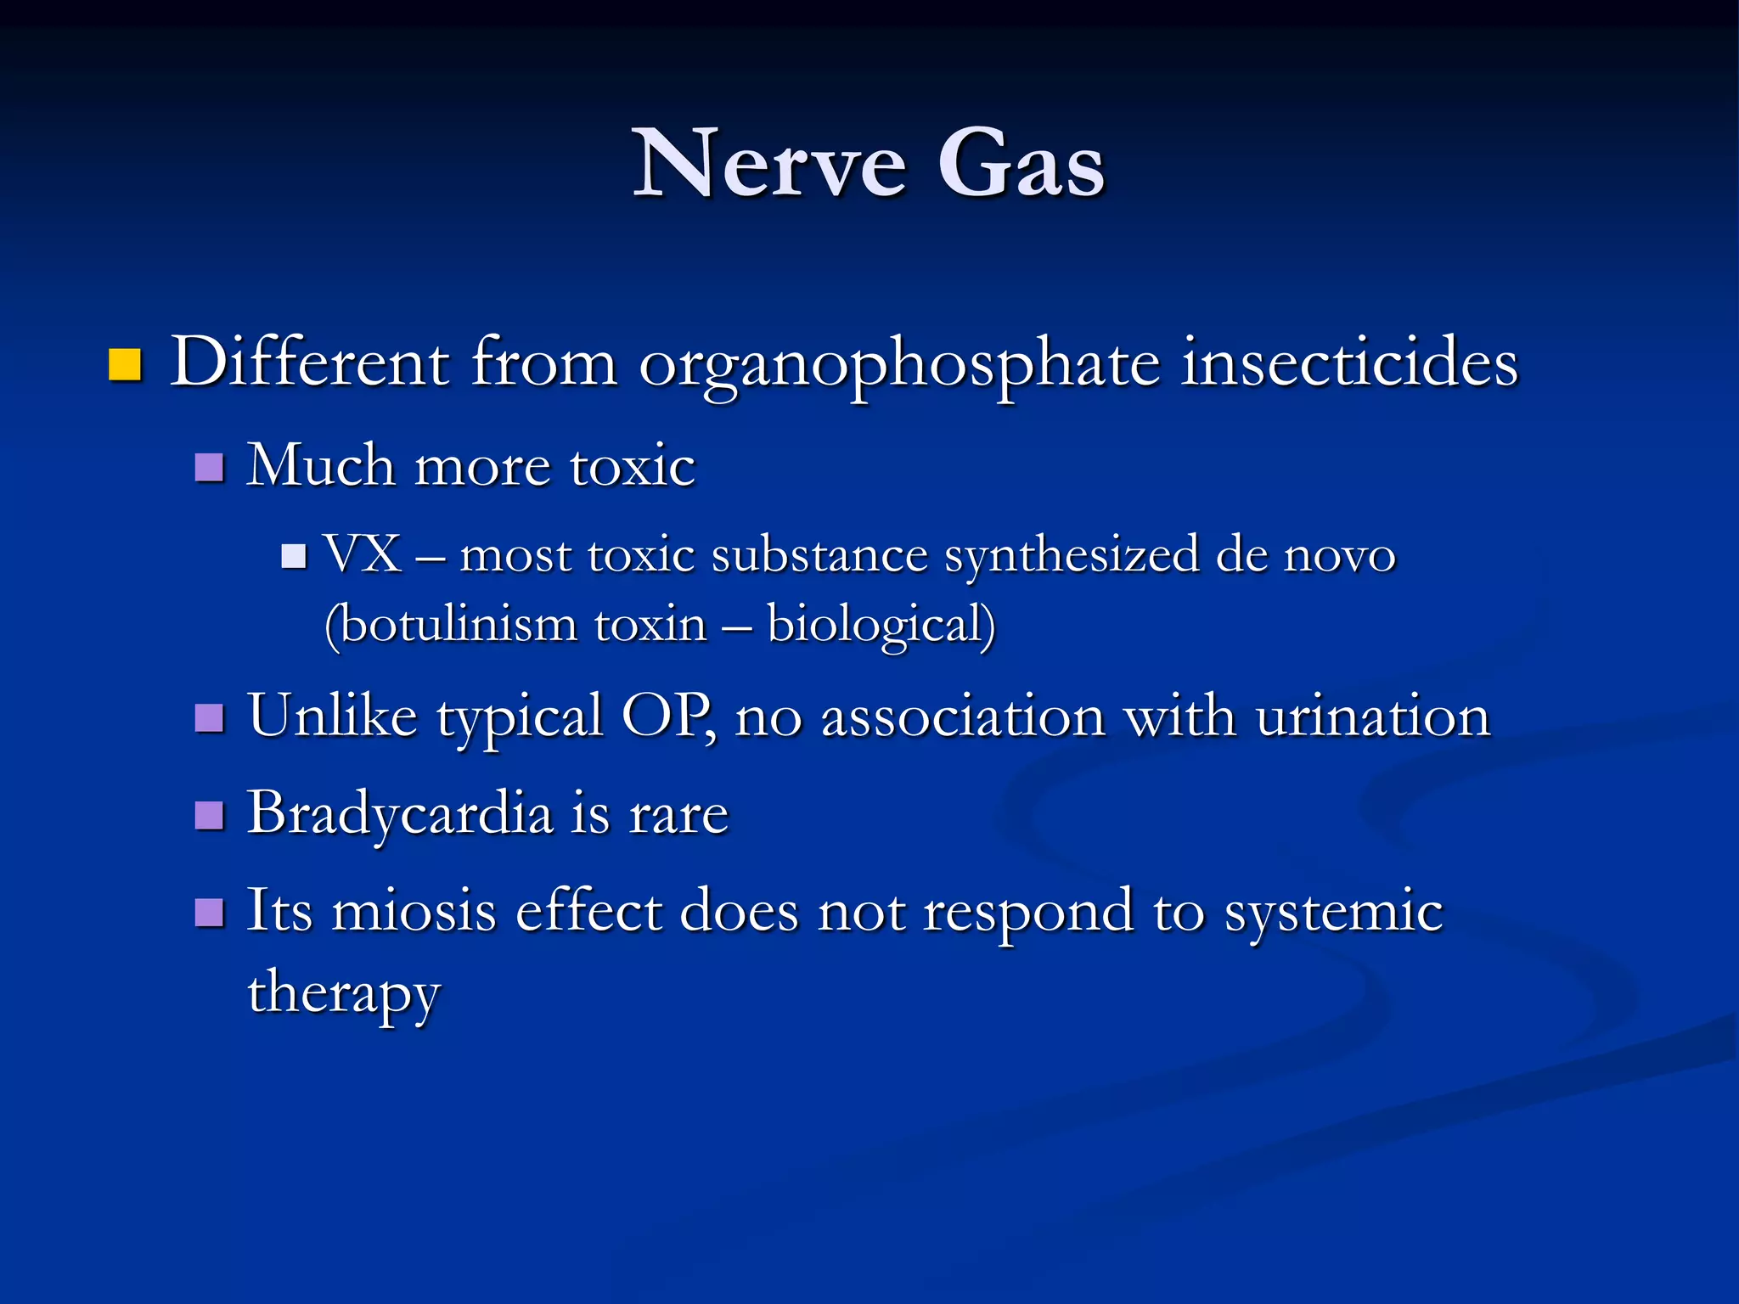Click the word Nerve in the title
click(770, 164)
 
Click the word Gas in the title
click(1021, 164)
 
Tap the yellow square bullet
click(125, 365)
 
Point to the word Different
click(309, 363)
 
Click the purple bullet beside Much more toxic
click(209, 467)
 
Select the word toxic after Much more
click(633, 467)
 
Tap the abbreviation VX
click(363, 555)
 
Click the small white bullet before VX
click(294, 557)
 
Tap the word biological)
click(881, 627)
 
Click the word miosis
click(414, 911)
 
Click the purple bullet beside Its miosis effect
click(209, 913)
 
